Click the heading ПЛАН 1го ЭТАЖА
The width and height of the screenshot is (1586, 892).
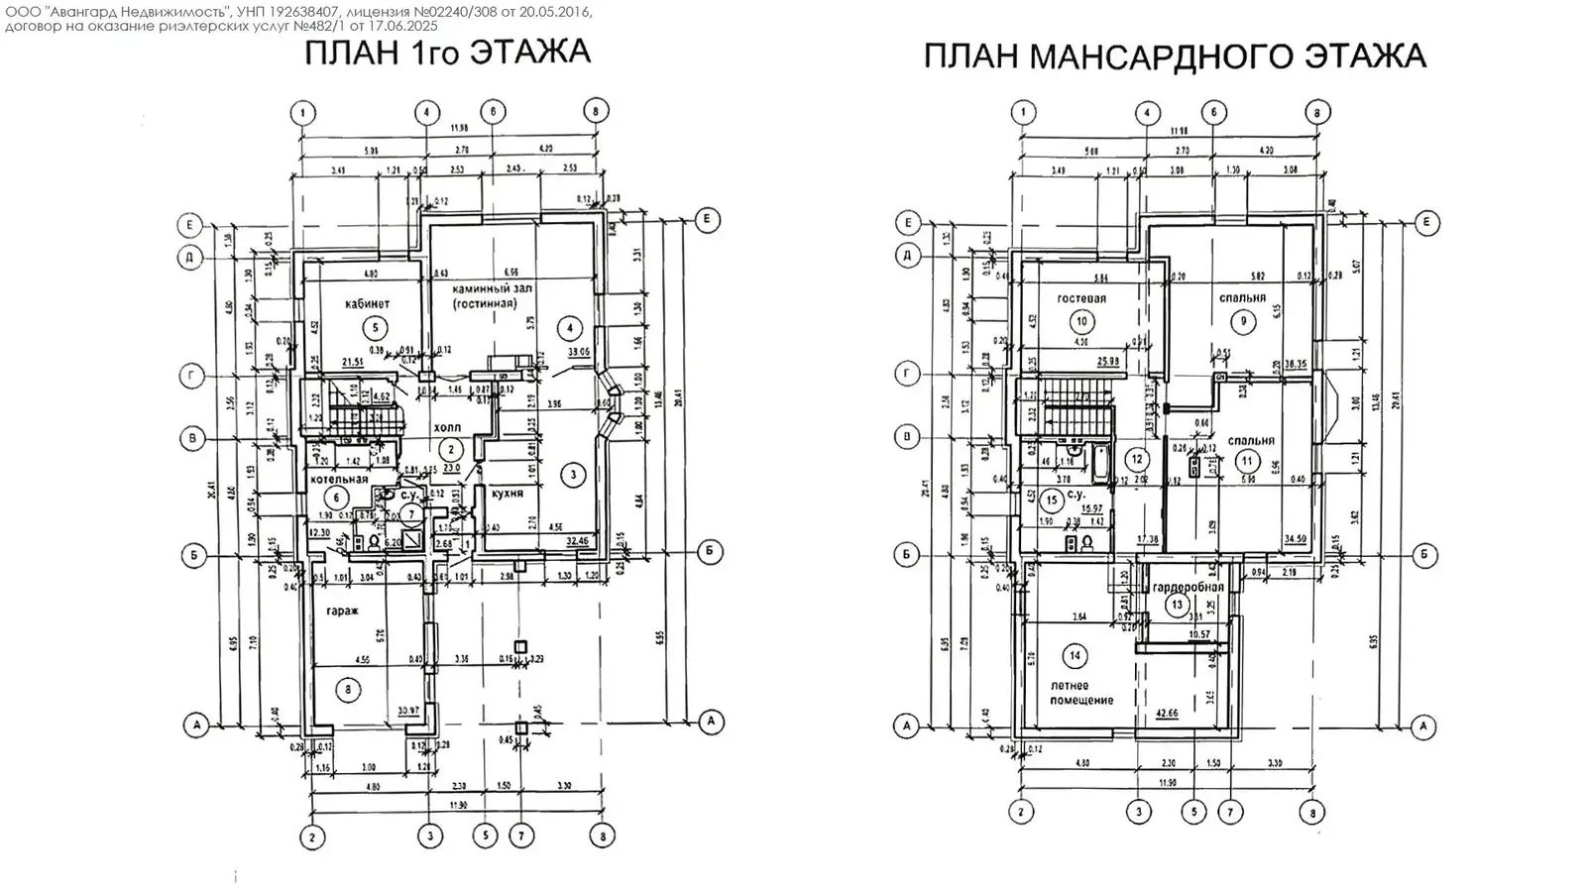[x=447, y=53]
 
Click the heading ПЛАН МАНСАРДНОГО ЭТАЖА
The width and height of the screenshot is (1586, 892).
[x=1175, y=56]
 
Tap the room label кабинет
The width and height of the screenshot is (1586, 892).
[x=368, y=303]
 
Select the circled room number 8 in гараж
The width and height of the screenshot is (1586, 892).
[x=346, y=690]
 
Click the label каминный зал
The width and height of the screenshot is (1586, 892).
[x=486, y=288]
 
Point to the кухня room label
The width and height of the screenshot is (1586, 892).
[x=507, y=493]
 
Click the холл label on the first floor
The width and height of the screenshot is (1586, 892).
[x=448, y=428]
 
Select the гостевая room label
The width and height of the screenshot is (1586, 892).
[x=1080, y=297]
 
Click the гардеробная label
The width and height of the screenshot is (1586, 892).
[x=1189, y=587]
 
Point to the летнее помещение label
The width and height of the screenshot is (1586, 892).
[x=1081, y=693]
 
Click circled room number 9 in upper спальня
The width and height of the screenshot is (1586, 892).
[x=1241, y=321]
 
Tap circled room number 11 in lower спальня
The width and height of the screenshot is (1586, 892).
[x=1247, y=461]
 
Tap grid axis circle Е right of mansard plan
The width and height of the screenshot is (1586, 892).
[x=1424, y=222]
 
